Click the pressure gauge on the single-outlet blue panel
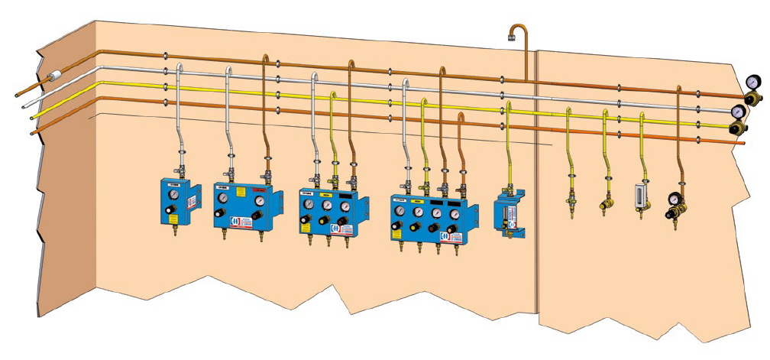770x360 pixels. (x=175, y=195)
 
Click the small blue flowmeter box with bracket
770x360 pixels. (x=508, y=215)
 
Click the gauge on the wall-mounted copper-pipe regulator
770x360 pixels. (x=676, y=202)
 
